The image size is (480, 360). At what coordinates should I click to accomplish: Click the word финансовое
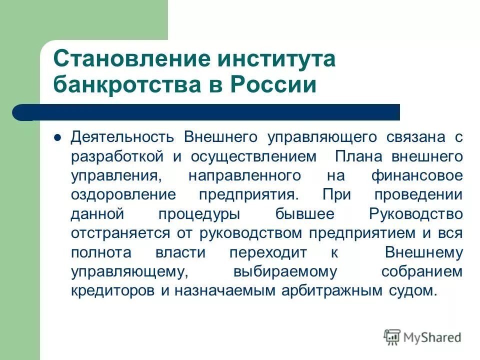(x=417, y=175)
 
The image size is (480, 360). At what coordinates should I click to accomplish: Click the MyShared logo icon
(x=393, y=337)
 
